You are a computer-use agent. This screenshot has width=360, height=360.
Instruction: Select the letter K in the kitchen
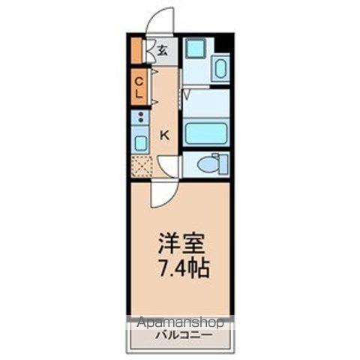(165, 134)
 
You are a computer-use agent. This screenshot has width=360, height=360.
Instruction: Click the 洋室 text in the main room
(181, 244)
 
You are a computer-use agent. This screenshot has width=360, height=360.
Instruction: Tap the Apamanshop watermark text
(180, 323)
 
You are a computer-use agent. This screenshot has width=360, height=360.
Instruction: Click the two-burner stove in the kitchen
(140, 117)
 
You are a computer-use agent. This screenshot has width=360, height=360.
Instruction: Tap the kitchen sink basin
(140, 142)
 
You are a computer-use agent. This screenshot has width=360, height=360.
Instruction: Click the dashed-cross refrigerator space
(141, 166)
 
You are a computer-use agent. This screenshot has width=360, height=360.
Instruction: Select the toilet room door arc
(169, 166)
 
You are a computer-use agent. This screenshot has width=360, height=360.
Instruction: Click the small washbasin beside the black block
(220, 70)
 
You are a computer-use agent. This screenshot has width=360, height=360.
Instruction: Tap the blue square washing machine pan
(195, 49)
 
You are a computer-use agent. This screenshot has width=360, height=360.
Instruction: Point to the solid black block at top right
(222, 43)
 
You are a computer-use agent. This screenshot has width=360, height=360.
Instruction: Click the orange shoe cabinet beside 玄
(136, 50)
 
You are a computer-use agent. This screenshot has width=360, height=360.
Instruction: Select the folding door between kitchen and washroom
(182, 97)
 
